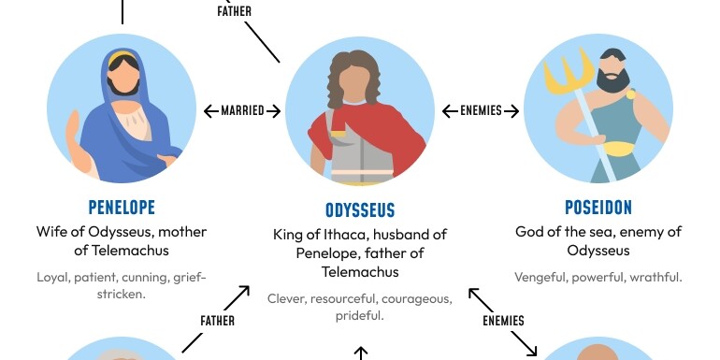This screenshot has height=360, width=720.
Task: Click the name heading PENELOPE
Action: click(122, 207)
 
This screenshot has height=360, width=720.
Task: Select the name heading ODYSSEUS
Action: click(360, 210)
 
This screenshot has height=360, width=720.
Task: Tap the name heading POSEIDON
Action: click(598, 207)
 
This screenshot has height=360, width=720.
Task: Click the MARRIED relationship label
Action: click(242, 111)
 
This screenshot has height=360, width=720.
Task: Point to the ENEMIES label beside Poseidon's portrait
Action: click(482, 111)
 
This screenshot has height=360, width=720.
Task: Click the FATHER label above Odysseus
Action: click(234, 12)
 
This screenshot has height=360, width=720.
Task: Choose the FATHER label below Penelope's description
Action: click(217, 321)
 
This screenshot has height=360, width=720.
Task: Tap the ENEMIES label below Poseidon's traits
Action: click(503, 321)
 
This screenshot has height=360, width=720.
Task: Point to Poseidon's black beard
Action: click(614, 80)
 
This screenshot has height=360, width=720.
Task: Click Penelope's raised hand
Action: click(70, 136)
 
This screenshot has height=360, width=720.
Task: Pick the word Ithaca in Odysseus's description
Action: click(360, 235)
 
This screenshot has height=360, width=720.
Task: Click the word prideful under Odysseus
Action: click(360, 316)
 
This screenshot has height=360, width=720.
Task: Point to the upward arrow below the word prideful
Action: click(360, 353)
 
